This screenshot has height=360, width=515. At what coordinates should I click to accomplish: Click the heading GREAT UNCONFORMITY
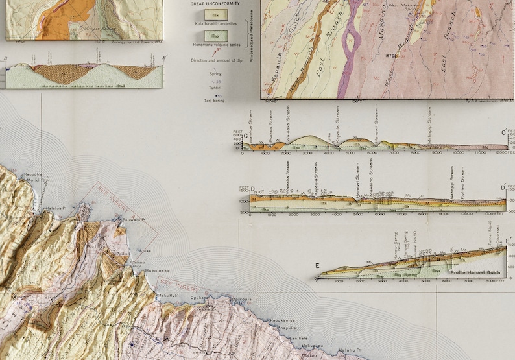point(215,3)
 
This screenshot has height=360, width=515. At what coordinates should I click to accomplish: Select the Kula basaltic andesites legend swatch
point(212,14)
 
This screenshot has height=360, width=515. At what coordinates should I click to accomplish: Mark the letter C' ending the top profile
point(504,134)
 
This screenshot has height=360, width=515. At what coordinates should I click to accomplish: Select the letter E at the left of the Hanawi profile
point(318,265)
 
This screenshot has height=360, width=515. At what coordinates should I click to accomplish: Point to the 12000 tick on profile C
point(500,154)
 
